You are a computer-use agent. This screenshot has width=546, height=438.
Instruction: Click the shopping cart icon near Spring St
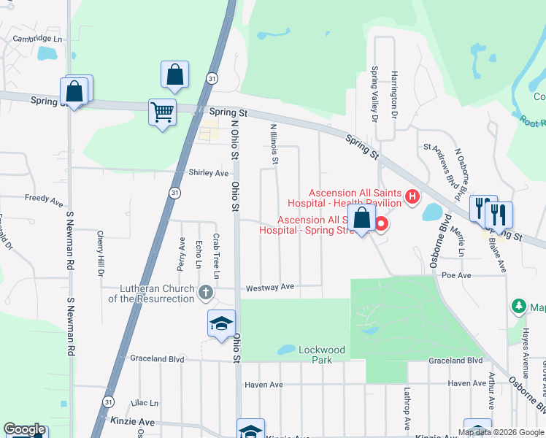[x=162, y=112]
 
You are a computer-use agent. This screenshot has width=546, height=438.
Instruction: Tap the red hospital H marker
[x=412, y=196]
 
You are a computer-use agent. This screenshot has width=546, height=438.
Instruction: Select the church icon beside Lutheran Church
[x=205, y=293]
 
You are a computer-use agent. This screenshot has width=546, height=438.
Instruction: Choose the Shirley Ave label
[x=209, y=173]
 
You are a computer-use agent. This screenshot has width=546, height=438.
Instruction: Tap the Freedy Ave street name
[x=44, y=199]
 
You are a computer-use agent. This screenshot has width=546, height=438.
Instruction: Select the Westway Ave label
[x=269, y=288]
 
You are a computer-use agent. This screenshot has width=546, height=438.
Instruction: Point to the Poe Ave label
[x=456, y=275]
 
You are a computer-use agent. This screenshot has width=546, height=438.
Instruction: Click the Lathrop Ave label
[x=407, y=408]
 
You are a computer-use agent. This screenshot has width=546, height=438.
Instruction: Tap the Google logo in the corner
[x=24, y=429]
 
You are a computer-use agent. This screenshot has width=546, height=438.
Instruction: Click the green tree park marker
[x=519, y=307]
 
